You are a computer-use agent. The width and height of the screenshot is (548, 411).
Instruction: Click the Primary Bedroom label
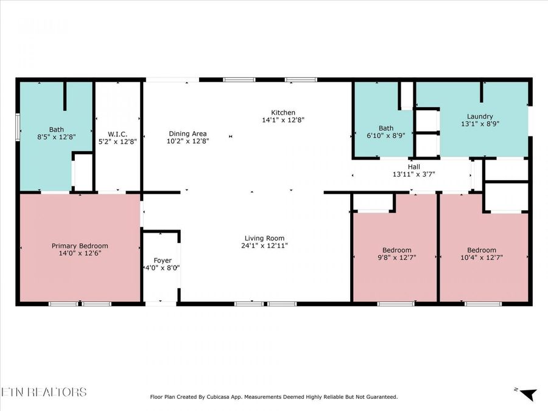(80, 245)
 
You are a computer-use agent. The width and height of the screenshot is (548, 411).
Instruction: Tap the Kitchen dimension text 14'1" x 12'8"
(283, 121)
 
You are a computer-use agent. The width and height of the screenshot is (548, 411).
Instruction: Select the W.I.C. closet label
(117, 133)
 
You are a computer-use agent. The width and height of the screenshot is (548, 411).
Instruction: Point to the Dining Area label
(188, 133)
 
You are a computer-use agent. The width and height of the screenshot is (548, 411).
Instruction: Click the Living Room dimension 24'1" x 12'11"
(265, 245)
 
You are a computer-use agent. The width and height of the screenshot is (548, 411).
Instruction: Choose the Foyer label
(162, 261)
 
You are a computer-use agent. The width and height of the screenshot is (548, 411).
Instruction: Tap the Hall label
(413, 166)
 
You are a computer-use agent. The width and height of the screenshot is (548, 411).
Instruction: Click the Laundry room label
(480, 116)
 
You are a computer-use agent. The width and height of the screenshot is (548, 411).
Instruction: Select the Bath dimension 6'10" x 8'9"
(386, 136)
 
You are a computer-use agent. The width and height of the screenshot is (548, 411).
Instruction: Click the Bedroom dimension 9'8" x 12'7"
(396, 258)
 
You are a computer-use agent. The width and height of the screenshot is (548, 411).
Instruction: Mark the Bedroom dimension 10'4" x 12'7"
(481, 258)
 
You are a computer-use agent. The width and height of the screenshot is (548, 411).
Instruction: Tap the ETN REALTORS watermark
(44, 392)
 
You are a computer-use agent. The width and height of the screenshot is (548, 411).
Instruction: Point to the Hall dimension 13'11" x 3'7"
(413, 174)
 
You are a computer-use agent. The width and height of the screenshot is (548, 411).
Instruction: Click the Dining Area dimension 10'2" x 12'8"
(188, 141)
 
